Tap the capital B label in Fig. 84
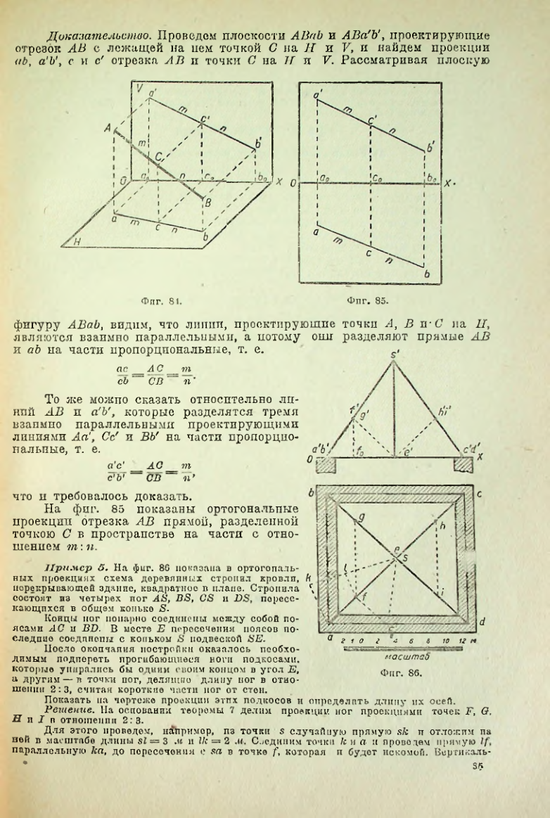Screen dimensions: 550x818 click(x=207, y=203)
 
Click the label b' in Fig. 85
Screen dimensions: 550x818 click(x=431, y=148)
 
